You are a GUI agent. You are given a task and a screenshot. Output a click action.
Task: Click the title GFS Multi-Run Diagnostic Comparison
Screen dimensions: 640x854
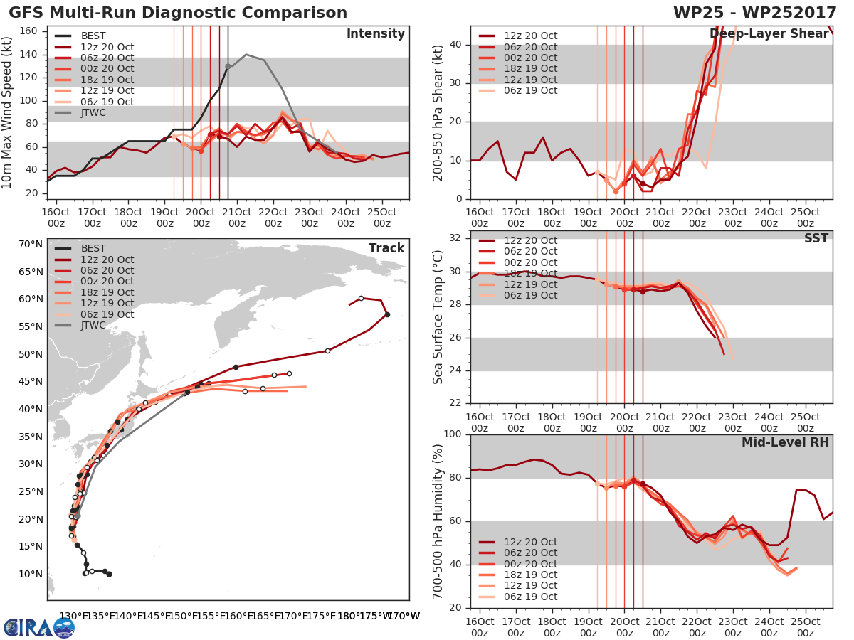[178, 13]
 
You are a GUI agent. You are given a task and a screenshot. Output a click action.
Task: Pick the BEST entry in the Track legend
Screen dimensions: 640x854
[93, 249]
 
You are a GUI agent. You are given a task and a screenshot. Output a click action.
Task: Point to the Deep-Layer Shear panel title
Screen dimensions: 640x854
[769, 35]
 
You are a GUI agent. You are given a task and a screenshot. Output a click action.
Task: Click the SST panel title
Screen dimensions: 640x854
[816, 239]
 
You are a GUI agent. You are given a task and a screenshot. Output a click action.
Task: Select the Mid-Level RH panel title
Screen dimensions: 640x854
[785, 442]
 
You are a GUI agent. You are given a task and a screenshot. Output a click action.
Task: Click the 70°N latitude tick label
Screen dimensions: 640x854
[31, 244]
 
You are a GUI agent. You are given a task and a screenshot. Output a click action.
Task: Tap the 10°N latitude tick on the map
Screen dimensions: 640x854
[31, 574]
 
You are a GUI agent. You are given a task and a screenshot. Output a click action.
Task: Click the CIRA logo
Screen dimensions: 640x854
[38, 627]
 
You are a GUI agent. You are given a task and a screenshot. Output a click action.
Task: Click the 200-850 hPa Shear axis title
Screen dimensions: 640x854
[438, 112]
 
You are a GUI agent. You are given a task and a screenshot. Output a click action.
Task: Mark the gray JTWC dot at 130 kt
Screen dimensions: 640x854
[228, 66]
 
